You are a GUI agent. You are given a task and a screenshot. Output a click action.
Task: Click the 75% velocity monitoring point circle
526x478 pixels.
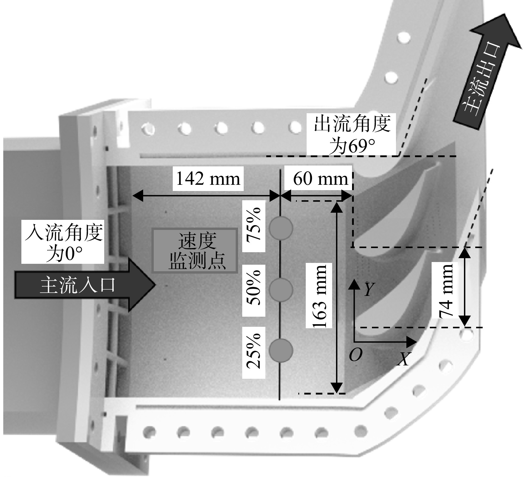[x=281, y=228]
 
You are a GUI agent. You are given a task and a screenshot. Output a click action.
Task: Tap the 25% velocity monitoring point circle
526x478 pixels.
[x=281, y=351]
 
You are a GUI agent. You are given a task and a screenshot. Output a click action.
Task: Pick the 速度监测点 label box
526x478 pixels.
[x=195, y=251]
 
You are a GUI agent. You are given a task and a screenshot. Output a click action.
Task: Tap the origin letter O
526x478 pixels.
[x=355, y=354]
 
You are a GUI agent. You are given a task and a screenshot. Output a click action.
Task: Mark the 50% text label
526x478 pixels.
[x=254, y=290]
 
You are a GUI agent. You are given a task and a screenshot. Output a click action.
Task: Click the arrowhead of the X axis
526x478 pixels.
[x=411, y=342]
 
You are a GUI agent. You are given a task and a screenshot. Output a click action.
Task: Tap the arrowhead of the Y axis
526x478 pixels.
[x=354, y=285]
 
